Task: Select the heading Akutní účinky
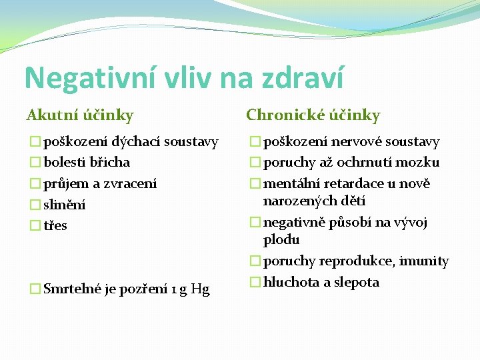point(80,115)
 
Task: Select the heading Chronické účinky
point(313,115)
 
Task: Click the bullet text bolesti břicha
point(87,162)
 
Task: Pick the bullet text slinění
point(65,205)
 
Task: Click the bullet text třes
point(55,225)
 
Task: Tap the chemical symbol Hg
point(200,289)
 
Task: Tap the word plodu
point(281,239)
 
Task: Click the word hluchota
point(291,282)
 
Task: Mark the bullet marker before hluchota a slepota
point(255,282)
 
